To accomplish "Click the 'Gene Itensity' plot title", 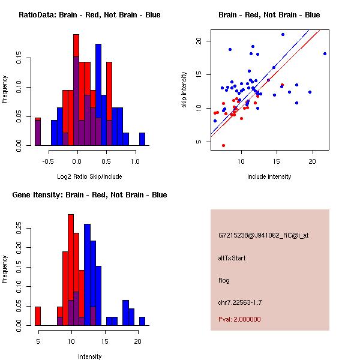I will coord(89,195).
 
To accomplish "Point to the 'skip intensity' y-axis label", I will coord(185,90).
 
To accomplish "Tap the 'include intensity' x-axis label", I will coord(269,176).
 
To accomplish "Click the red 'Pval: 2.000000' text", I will coord(239,319).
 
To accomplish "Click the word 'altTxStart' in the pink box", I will coord(232,258).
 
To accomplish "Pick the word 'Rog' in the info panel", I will coord(224,280).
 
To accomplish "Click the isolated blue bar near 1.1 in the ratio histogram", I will coord(142,139).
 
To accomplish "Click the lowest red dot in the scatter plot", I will coord(223,145).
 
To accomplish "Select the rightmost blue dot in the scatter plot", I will coord(325,53).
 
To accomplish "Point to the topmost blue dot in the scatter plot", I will coord(283,34).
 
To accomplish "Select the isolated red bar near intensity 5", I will coord(38,316).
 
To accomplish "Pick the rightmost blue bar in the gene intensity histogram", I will coord(142,321).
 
